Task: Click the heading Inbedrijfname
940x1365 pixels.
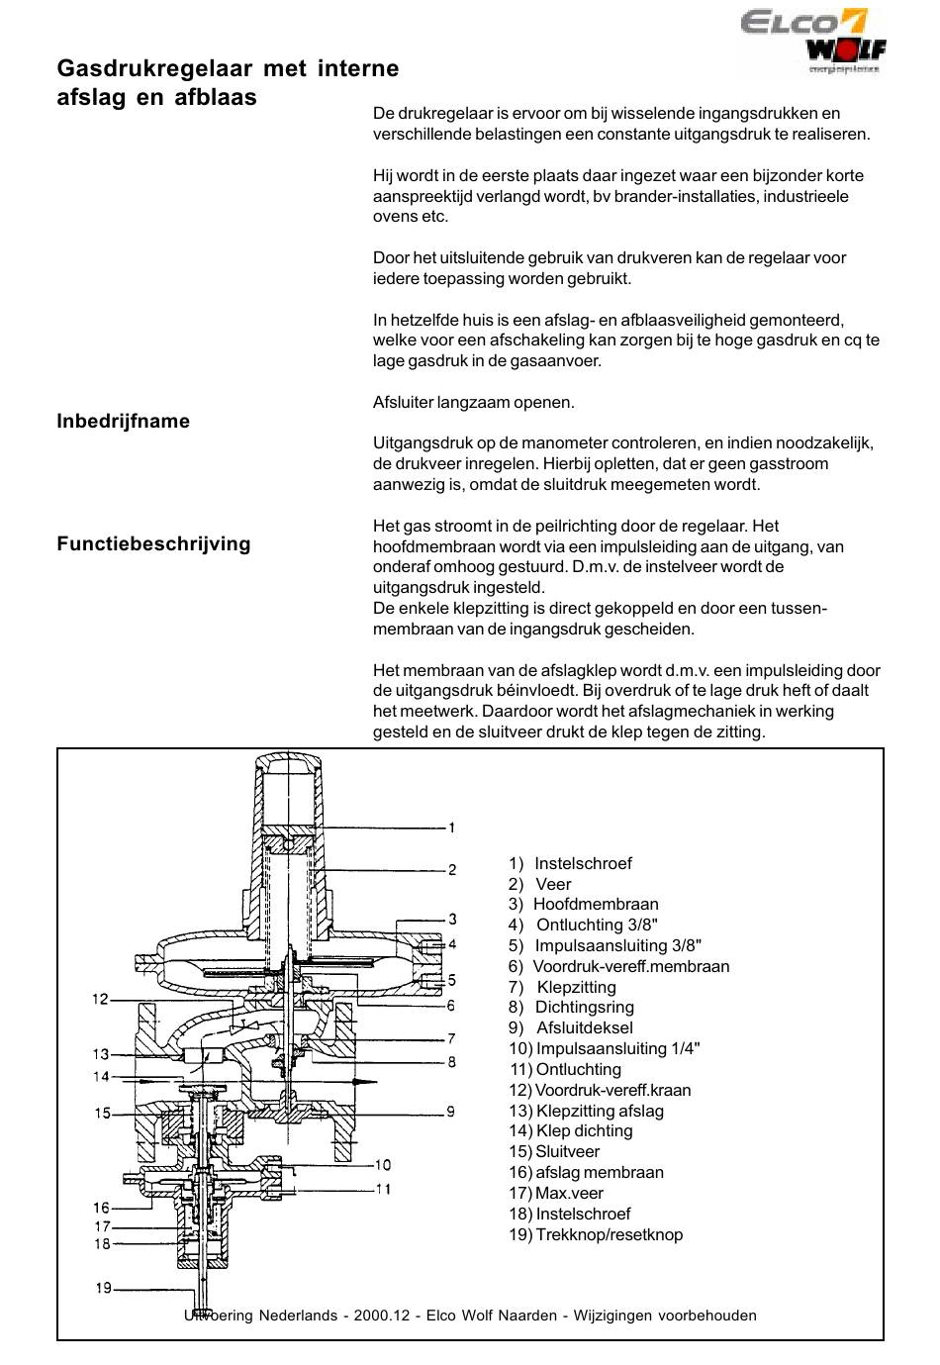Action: (x=123, y=421)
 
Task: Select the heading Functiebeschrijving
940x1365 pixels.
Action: (x=153, y=543)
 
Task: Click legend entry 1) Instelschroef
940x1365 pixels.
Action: (x=570, y=863)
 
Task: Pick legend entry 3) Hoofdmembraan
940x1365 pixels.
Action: (x=583, y=904)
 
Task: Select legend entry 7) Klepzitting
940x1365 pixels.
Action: (x=562, y=987)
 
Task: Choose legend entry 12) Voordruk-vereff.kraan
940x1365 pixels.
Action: (x=600, y=1090)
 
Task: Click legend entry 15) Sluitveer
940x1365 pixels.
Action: (x=554, y=1151)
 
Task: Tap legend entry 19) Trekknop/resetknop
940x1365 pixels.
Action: (x=596, y=1234)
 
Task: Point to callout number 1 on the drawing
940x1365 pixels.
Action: (x=451, y=828)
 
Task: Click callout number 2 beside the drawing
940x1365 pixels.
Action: (x=452, y=870)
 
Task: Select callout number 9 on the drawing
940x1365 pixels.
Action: (x=451, y=1111)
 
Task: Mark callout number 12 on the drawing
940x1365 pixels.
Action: (x=100, y=999)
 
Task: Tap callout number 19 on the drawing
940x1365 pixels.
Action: (x=103, y=1288)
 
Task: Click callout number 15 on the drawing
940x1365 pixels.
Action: (x=102, y=1114)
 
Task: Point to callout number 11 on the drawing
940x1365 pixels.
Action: (x=384, y=1189)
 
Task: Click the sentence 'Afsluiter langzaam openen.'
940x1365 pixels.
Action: (x=473, y=402)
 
